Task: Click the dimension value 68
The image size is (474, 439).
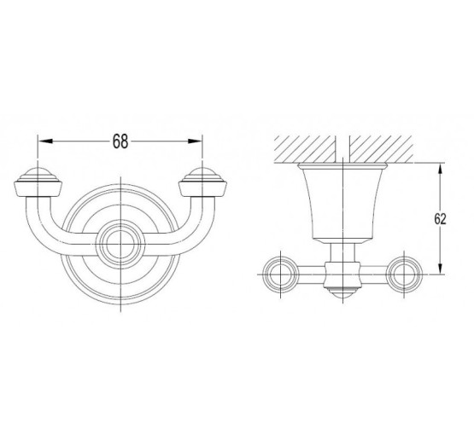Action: pos(120,142)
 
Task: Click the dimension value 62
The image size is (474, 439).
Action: pos(440,219)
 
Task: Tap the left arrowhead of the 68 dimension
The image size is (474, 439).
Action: pos(45,142)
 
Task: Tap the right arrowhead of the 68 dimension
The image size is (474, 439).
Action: pos(195,142)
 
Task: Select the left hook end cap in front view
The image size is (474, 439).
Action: pos(38,182)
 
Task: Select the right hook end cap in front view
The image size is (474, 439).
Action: pos(203,182)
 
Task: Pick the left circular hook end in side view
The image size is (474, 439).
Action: pos(281,274)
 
